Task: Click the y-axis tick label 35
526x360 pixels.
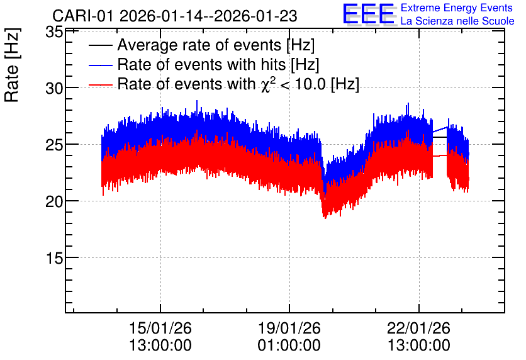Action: point(54,32)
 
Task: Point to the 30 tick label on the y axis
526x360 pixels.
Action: point(54,89)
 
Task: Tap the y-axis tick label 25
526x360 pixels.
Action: point(54,145)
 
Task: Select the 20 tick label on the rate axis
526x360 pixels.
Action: point(54,201)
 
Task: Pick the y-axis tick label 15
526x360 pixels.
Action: point(54,257)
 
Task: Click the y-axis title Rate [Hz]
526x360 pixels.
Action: point(12,65)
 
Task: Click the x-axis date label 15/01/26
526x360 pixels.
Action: point(160,328)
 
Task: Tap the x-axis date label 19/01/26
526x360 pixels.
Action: point(289,328)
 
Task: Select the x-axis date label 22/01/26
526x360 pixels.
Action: point(418,328)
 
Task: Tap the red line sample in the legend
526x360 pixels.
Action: point(100,85)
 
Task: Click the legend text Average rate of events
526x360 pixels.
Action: point(199,45)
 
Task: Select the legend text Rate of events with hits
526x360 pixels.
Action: point(201,65)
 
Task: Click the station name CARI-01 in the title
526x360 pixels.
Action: point(83,16)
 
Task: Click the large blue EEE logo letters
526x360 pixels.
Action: point(369,14)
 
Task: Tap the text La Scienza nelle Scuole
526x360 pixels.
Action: point(457,21)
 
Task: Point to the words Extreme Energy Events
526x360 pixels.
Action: point(457,8)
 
